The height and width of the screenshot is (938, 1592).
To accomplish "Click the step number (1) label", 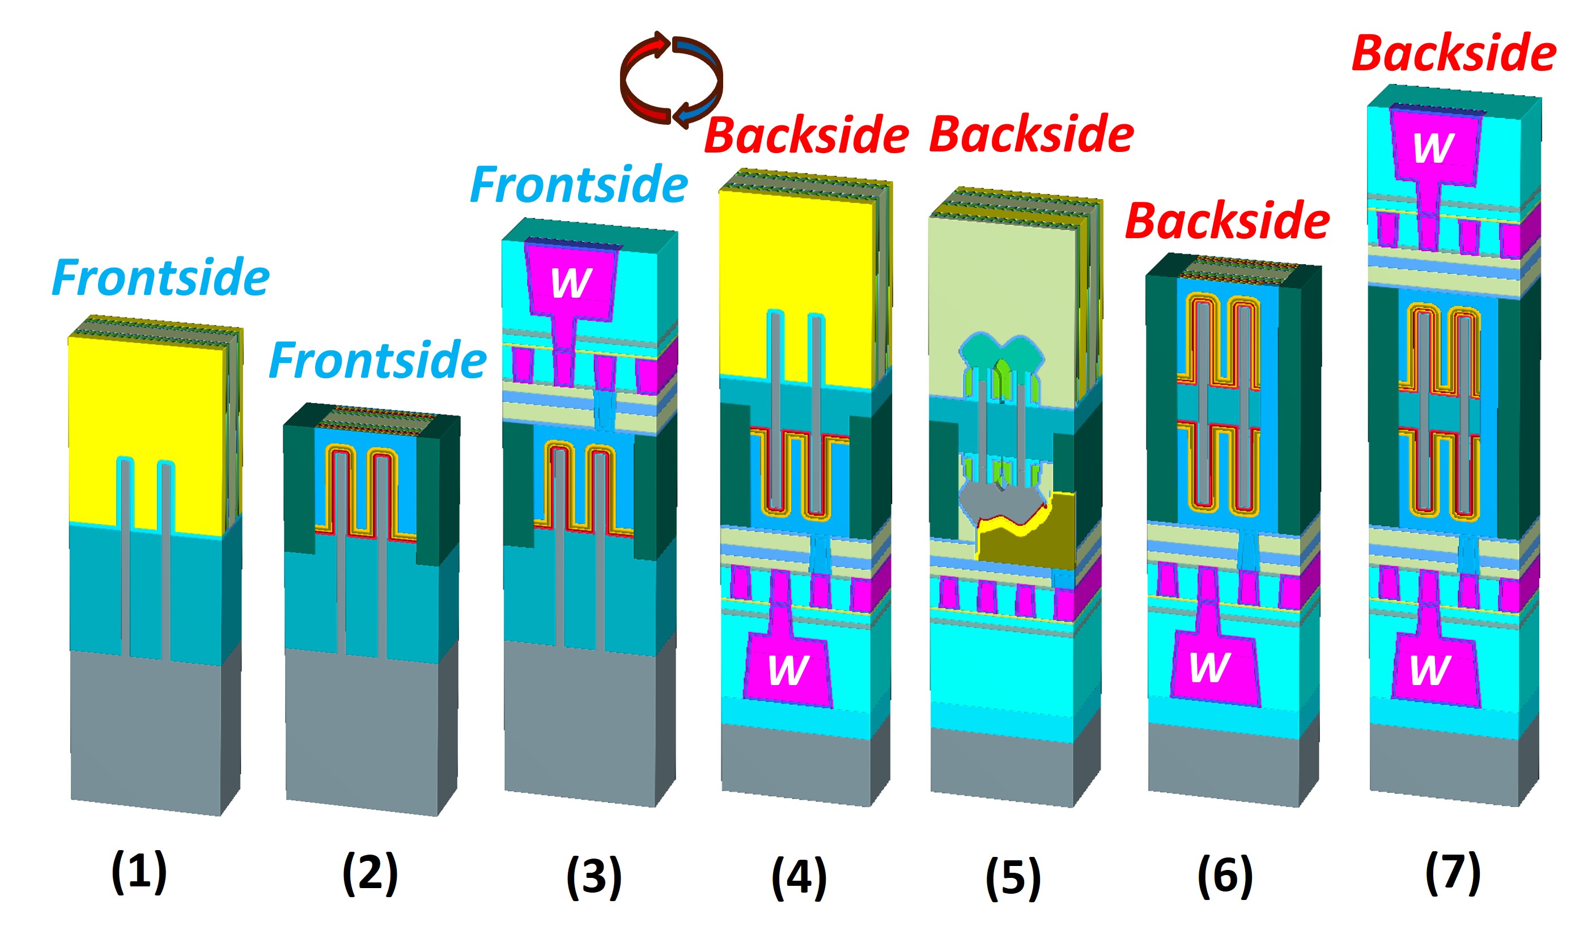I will pyautogui.click(x=139, y=872).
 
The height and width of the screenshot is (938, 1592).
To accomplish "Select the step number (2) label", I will pyautogui.click(x=370, y=873).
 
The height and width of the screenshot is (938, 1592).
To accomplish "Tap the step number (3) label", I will pyautogui.click(x=594, y=877).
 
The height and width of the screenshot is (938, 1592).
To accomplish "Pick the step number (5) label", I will pyautogui.click(x=1013, y=878).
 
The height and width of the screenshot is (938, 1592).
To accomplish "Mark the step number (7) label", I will pyautogui.click(x=1453, y=872).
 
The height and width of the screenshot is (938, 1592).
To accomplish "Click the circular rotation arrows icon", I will pyautogui.click(x=671, y=79).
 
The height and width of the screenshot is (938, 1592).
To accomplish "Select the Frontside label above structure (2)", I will pyautogui.click(x=378, y=360).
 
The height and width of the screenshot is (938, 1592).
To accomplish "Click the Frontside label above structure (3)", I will pyautogui.click(x=579, y=184).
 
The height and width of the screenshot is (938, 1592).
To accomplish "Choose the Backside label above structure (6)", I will pyautogui.click(x=1228, y=221).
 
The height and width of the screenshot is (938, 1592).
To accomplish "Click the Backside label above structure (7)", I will pyautogui.click(x=1454, y=53).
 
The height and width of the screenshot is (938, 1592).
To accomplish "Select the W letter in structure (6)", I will pyautogui.click(x=1209, y=667).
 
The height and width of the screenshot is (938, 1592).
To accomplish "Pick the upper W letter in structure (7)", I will pyautogui.click(x=1433, y=148).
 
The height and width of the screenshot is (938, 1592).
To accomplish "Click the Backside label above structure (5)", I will pyautogui.click(x=1031, y=134).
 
